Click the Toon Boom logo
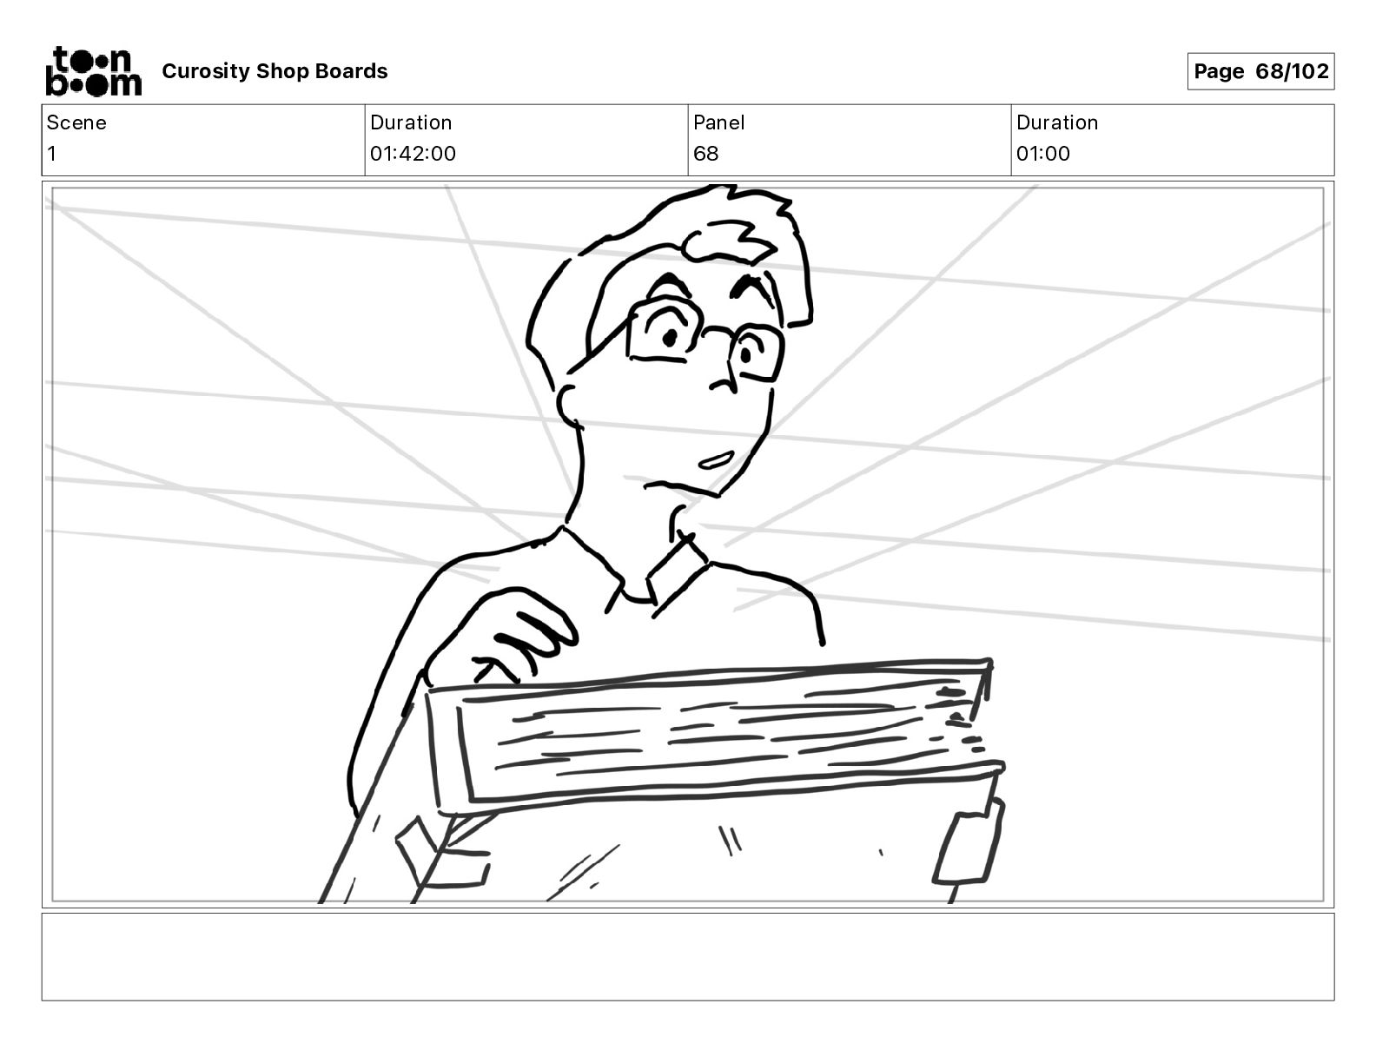pos(93,71)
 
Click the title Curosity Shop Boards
pos(275,71)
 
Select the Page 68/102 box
pos(1260,71)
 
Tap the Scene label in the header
pos(76,122)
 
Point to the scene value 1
pos(52,154)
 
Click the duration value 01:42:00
pos(413,154)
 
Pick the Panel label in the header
pos(718,122)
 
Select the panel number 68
pos(705,154)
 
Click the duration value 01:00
pos(1042,154)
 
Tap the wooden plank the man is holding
pos(712,734)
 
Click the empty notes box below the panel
pos(687,956)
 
